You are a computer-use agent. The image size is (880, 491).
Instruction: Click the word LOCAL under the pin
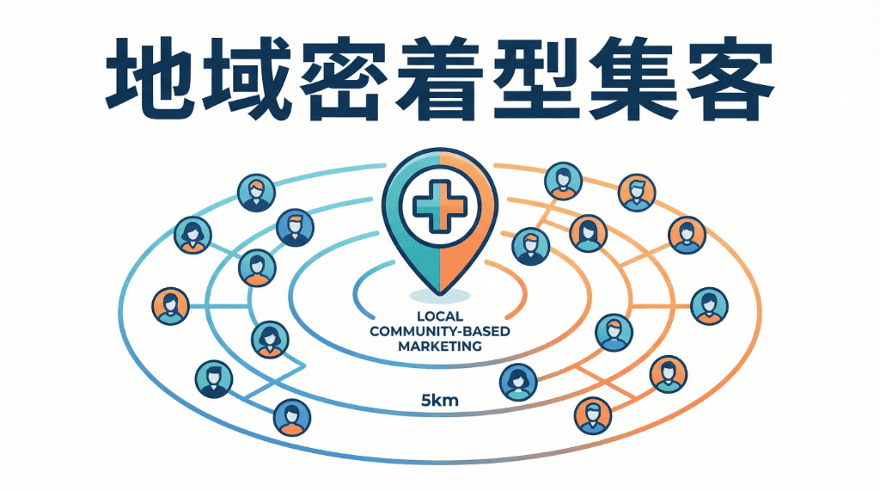click(440, 317)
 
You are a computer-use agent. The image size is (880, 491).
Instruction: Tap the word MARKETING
click(440, 347)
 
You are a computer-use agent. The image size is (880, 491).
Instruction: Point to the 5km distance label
click(439, 399)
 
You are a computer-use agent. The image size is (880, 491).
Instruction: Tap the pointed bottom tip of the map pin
click(439, 291)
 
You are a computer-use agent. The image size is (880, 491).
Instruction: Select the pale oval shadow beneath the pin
click(439, 297)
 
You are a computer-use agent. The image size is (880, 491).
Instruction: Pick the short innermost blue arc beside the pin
click(358, 289)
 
